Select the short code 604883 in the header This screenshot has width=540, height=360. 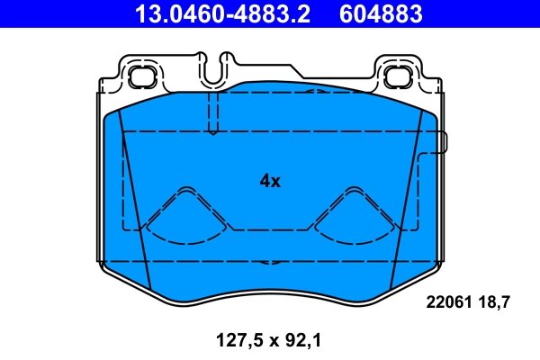point(381,13)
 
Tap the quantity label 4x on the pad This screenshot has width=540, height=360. point(270,181)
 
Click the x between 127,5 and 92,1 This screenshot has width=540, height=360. point(266,342)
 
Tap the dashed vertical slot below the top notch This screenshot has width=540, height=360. point(213,112)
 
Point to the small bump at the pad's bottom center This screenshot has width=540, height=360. point(265,264)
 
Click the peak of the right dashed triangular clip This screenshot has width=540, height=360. point(352,190)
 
